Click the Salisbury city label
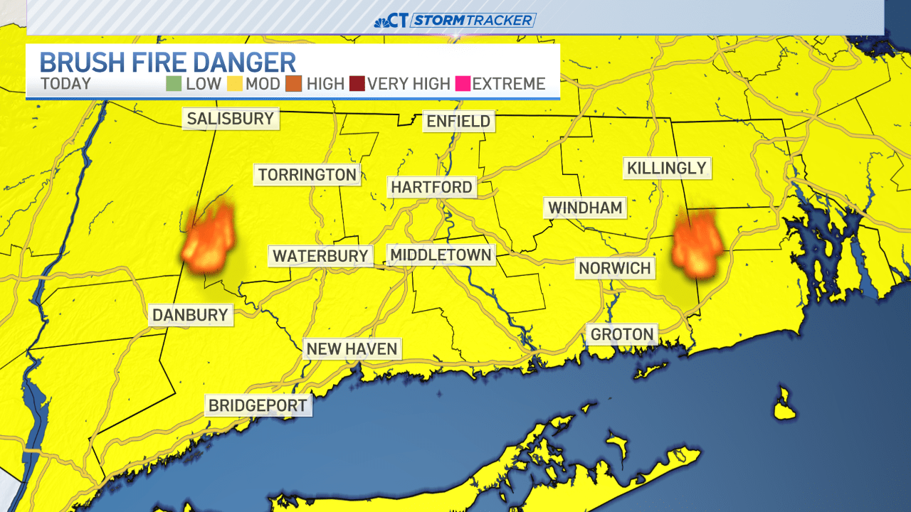pos(231,119)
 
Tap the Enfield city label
pos(458,122)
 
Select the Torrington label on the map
pos(307,175)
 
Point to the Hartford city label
pos(431,187)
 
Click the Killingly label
pos(667,169)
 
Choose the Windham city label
pos(585,208)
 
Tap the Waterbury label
pos(320,256)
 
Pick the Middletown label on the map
pos(441,255)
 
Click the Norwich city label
pos(614,268)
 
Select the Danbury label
pos(190,315)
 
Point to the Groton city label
pos(621,334)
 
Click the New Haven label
pos(352,349)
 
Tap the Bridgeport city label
pos(258,405)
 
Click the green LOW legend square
pos(174,84)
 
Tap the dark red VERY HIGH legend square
pos(357,84)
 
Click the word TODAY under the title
pos(66,84)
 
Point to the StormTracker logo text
pos(473,20)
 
